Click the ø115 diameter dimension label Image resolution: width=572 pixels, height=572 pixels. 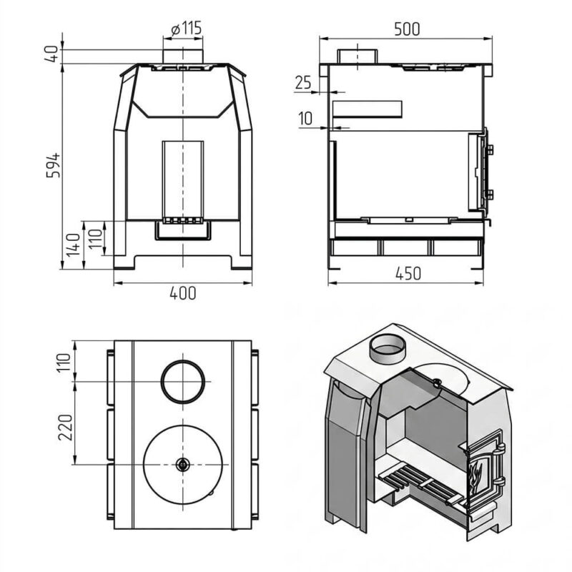click(x=186, y=28)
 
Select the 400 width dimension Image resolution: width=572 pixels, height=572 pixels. click(x=183, y=293)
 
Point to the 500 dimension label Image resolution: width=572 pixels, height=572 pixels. click(x=407, y=29)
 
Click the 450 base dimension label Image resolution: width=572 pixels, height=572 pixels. click(x=408, y=274)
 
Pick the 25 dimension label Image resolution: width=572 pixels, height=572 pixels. click(x=303, y=83)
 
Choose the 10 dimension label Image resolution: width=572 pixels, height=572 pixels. click(x=306, y=119)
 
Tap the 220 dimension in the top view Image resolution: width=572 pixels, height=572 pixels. click(x=66, y=427)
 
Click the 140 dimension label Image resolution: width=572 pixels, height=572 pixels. click(x=73, y=245)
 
